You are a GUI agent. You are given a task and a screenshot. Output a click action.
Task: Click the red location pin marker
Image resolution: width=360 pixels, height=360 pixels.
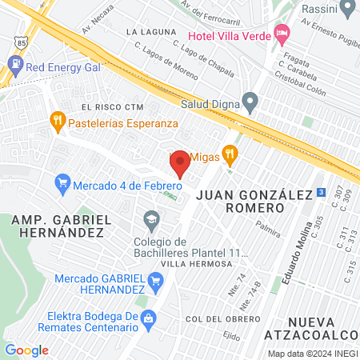pyautogui.click(x=180, y=162)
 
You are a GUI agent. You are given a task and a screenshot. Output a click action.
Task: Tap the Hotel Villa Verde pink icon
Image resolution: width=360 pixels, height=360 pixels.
pyautogui.click(x=280, y=33)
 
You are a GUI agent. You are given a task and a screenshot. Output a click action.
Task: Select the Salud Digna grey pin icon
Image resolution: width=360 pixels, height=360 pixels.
pyautogui.click(x=250, y=102)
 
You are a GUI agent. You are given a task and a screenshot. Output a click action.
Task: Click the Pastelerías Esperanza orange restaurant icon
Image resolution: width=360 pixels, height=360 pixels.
pyautogui.click(x=57, y=122)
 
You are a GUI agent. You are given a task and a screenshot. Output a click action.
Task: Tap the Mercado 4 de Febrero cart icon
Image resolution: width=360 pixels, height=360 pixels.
pyautogui.click(x=62, y=185)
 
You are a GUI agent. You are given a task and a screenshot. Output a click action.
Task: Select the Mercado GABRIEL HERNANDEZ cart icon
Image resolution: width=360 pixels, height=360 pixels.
pyautogui.click(x=155, y=279)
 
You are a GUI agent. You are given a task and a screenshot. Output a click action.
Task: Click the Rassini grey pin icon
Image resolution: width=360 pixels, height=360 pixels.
pyautogui.click(x=347, y=9)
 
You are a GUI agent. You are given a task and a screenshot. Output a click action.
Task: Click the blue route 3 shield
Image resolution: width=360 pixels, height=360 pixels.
pyautogui.click(x=320, y=192)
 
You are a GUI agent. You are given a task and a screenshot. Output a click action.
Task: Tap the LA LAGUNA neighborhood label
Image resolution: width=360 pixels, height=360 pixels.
pyautogui.click(x=150, y=31)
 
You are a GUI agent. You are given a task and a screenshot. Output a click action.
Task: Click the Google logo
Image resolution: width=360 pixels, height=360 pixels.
pyautogui.click(x=26, y=350)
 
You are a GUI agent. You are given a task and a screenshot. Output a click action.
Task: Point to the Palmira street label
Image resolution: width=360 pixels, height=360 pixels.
pyautogui.click(x=269, y=231)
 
